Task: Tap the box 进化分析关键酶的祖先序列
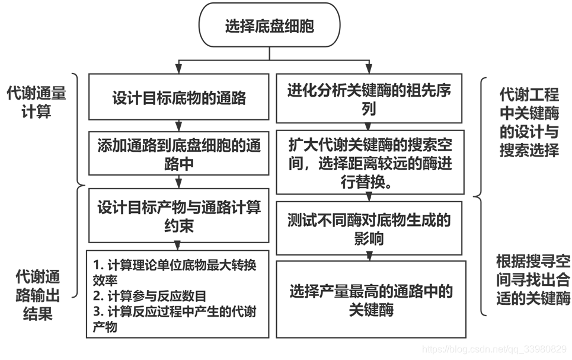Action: pyautogui.click(x=369, y=99)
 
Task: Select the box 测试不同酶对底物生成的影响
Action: pyautogui.click(x=369, y=229)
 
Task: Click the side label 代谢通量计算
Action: pyautogui.click(x=37, y=102)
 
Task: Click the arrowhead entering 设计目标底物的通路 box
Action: pyautogui.click(x=178, y=70)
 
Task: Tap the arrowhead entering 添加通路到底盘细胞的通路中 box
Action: pyautogui.click(x=178, y=128)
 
